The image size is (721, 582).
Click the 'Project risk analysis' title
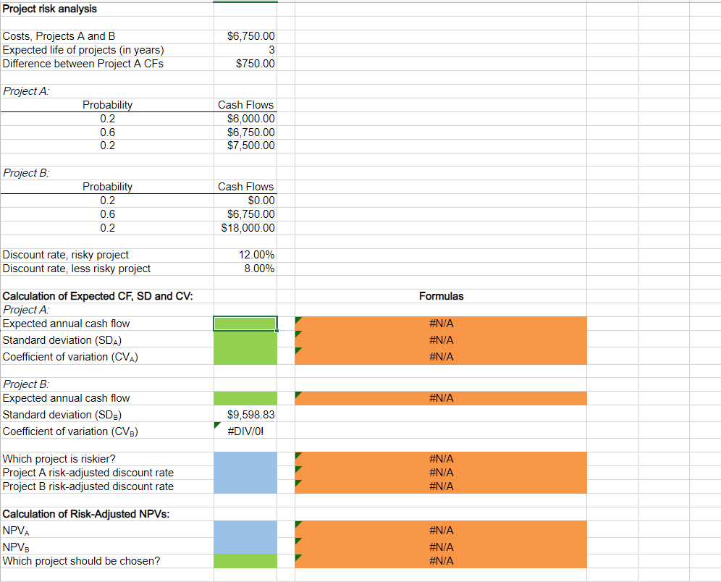pos(50,9)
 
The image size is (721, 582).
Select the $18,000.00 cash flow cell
pos(248,228)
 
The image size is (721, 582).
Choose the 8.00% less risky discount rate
pos(258,269)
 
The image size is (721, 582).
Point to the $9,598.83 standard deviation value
pos(250,415)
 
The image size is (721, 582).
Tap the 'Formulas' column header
pos(441,296)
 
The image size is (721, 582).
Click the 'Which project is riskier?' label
pos(59,459)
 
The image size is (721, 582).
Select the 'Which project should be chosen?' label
pos(82,561)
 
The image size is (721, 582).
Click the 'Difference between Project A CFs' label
pos(83,64)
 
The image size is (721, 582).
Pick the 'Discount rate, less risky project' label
pos(77,269)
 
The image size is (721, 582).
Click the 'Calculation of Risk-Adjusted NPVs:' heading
pos(82,514)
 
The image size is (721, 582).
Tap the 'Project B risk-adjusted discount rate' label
pos(88,486)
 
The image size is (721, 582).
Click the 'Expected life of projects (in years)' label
pos(83,50)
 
